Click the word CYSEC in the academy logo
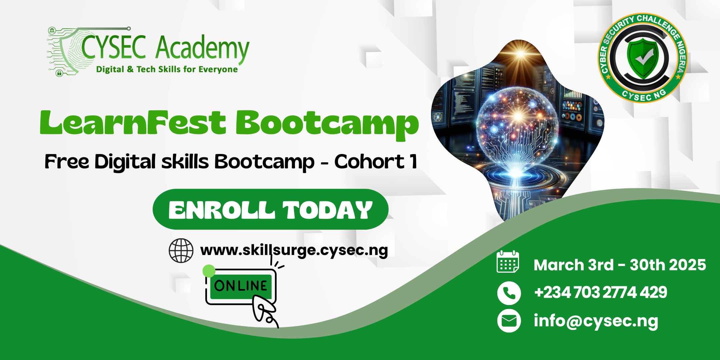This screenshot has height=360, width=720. point(114,47)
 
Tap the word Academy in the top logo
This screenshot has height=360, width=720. point(203,49)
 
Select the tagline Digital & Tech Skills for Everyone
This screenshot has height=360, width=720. point(167,69)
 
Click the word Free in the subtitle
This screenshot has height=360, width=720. point(67,162)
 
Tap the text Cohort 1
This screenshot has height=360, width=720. point(376,162)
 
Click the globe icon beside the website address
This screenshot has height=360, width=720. point(181,251)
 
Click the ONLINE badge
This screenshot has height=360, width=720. point(241,286)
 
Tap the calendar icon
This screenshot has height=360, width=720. point(508,262)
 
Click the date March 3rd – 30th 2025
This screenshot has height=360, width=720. point(620,265)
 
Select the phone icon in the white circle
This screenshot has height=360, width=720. point(509,293)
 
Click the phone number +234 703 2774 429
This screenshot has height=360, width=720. point(600,292)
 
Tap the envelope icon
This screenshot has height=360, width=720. point(509,321)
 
